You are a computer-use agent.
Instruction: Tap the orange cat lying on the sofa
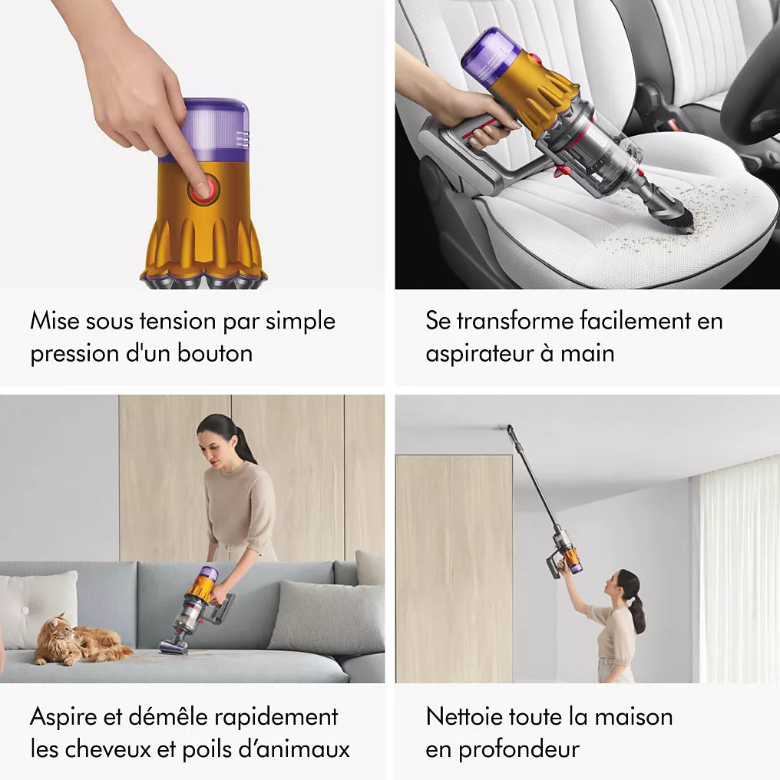77,640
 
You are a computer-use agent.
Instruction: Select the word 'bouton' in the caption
215,354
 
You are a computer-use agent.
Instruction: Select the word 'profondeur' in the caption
519,749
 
